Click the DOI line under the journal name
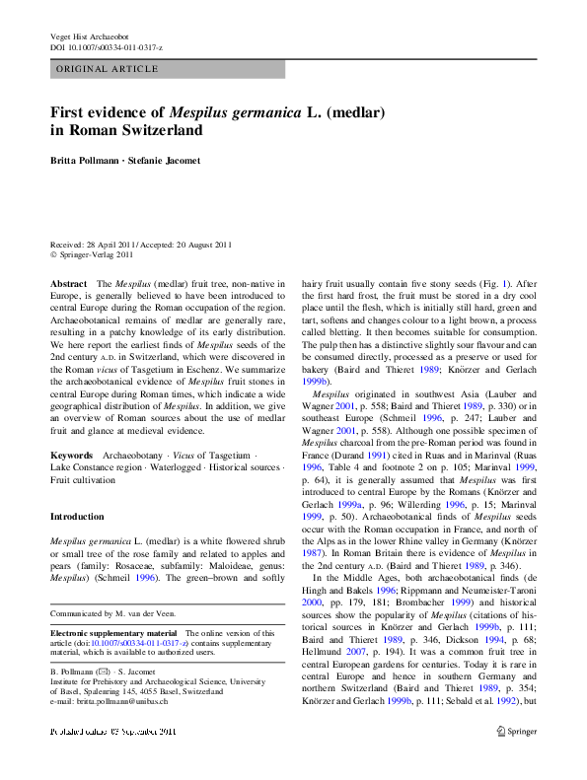point(107,47)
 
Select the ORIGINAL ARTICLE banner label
point(108,69)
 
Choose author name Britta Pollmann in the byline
point(92,160)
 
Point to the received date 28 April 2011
point(119,246)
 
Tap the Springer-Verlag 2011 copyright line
point(97,256)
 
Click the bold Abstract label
point(68,282)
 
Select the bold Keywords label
point(72,457)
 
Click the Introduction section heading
point(77,517)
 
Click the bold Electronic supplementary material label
point(112,632)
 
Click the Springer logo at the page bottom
point(517,758)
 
